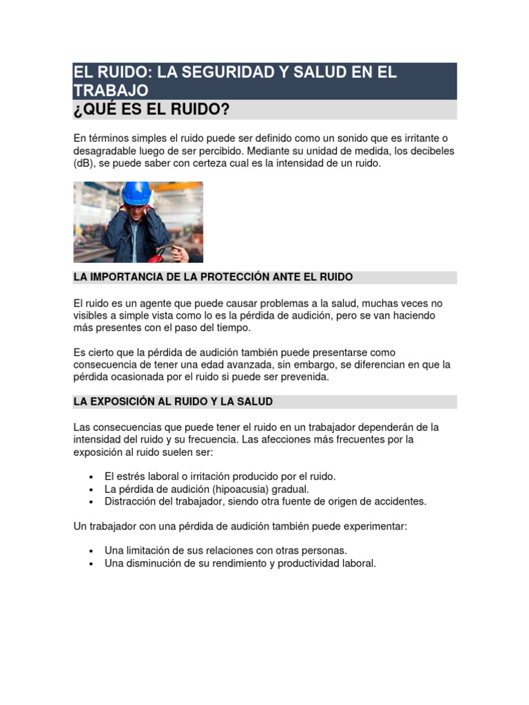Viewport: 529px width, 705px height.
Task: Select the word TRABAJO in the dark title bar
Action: [x=111, y=90]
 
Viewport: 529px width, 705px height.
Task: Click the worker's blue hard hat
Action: [x=136, y=193]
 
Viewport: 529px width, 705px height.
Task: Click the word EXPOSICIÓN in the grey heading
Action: [x=129, y=401]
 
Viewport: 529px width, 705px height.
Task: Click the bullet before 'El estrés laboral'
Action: [x=92, y=476]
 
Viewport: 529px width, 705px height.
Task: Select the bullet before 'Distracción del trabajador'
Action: [x=92, y=502]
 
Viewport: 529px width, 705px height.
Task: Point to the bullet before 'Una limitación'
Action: [x=92, y=551]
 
